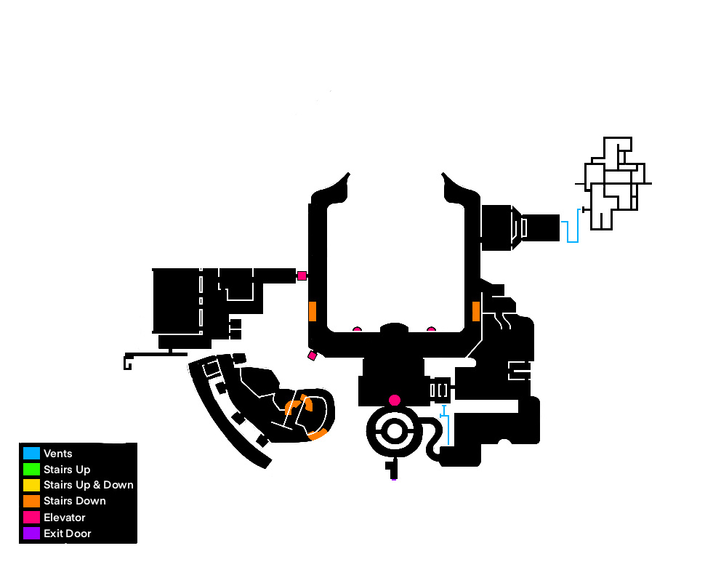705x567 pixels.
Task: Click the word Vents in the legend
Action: click(x=57, y=454)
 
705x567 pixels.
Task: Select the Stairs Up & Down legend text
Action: click(x=88, y=485)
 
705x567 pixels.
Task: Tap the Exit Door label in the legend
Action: click(x=67, y=534)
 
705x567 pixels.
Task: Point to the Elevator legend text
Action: click(x=64, y=518)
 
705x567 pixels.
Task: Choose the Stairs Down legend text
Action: click(x=74, y=501)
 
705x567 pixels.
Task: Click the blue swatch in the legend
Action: click(x=31, y=454)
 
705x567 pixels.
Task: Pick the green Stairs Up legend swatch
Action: click(x=31, y=470)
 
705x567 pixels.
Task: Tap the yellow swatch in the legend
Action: click(x=31, y=485)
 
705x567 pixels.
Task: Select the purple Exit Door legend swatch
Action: click(x=31, y=534)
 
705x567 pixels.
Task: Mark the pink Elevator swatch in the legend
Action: click(x=31, y=518)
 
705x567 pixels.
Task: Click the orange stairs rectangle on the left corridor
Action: click(x=313, y=311)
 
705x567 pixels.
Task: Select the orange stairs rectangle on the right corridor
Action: click(x=476, y=311)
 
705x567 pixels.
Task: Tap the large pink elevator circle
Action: click(x=395, y=400)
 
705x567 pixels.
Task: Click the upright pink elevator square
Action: click(x=302, y=276)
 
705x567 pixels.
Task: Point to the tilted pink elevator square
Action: click(x=313, y=356)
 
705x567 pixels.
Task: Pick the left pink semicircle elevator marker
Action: click(x=357, y=329)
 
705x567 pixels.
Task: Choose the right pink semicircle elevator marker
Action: click(x=431, y=329)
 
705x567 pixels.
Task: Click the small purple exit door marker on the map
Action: click(x=394, y=480)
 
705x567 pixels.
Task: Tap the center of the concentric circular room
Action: click(x=395, y=431)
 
